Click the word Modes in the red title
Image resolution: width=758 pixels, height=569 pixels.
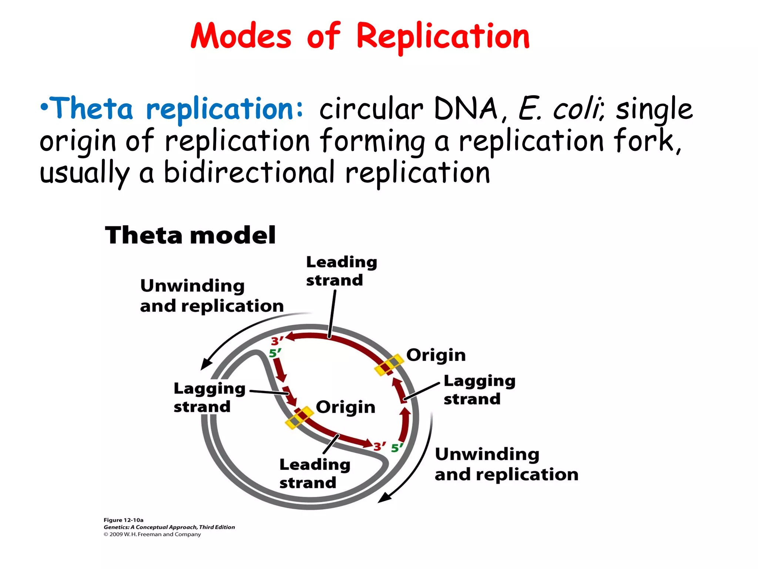[241, 36]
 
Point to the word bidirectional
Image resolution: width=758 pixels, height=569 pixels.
[249, 173]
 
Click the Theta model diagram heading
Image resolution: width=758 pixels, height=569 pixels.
[190, 235]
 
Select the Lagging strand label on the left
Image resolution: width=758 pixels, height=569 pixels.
[209, 397]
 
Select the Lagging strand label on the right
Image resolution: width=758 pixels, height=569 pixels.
[479, 390]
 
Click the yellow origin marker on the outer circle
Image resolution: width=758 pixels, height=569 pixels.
[389, 365]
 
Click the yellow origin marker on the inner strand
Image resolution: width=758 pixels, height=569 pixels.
[299, 417]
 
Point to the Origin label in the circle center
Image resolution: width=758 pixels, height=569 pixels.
[345, 407]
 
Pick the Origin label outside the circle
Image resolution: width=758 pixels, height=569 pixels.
[436, 355]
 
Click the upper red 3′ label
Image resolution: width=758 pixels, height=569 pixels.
[277, 341]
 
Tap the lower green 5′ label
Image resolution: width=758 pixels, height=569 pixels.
[397, 448]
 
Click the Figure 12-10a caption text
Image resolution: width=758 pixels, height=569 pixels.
[123, 520]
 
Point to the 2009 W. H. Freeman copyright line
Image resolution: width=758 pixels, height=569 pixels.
[152, 534]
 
